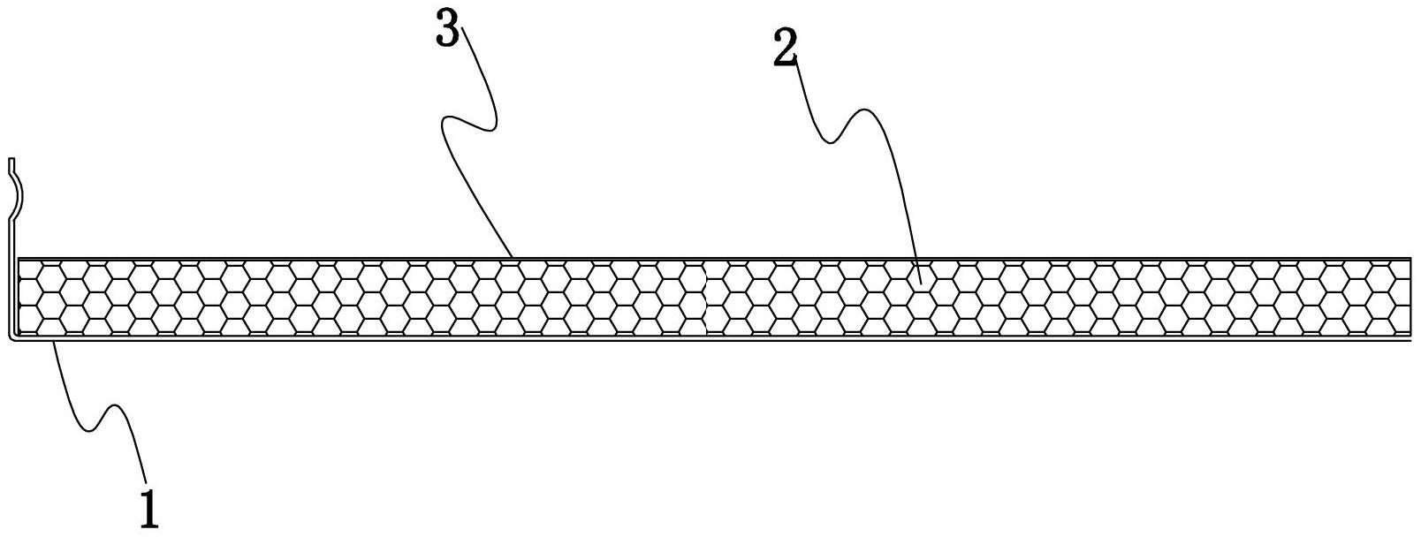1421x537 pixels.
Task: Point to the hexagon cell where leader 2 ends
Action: click(920, 284)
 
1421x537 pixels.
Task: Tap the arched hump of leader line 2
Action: click(862, 115)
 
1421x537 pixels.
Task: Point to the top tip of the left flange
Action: click(11, 160)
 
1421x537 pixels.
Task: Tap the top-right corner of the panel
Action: click(1410, 258)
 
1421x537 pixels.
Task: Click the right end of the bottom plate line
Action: click(1411, 341)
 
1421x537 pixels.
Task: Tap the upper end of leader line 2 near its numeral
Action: click(799, 60)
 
